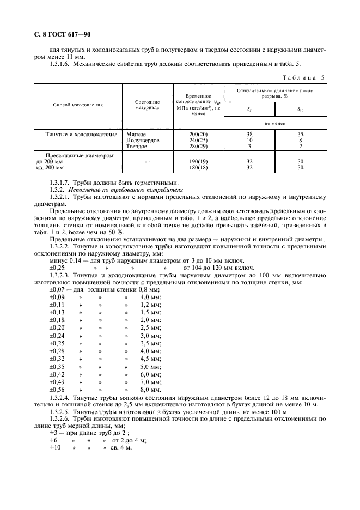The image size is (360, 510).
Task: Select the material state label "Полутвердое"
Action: click(143, 140)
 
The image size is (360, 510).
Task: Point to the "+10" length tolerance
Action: click(55, 447)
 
